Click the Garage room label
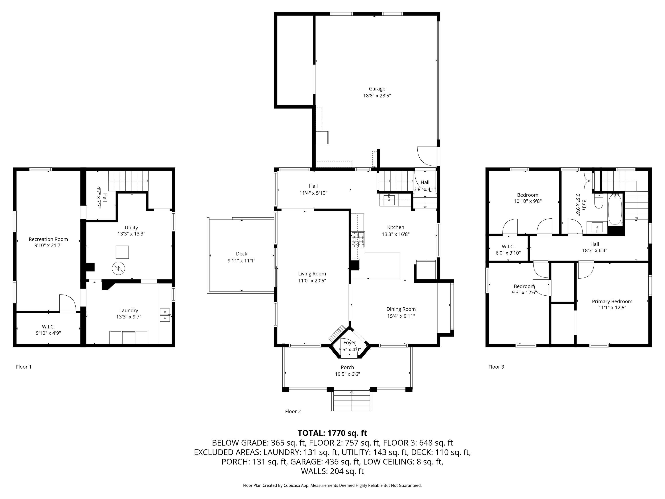(x=377, y=89)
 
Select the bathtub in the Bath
(x=615, y=210)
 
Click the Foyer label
(x=350, y=343)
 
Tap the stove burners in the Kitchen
(x=358, y=240)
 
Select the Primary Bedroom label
(x=612, y=301)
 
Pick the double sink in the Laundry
(x=165, y=315)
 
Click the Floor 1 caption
(x=24, y=367)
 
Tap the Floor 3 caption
(x=496, y=367)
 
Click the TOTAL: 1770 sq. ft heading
(x=332, y=433)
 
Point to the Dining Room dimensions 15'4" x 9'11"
(x=401, y=316)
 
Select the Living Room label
(x=312, y=274)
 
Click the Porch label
(x=348, y=367)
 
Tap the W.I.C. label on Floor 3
(x=508, y=247)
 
